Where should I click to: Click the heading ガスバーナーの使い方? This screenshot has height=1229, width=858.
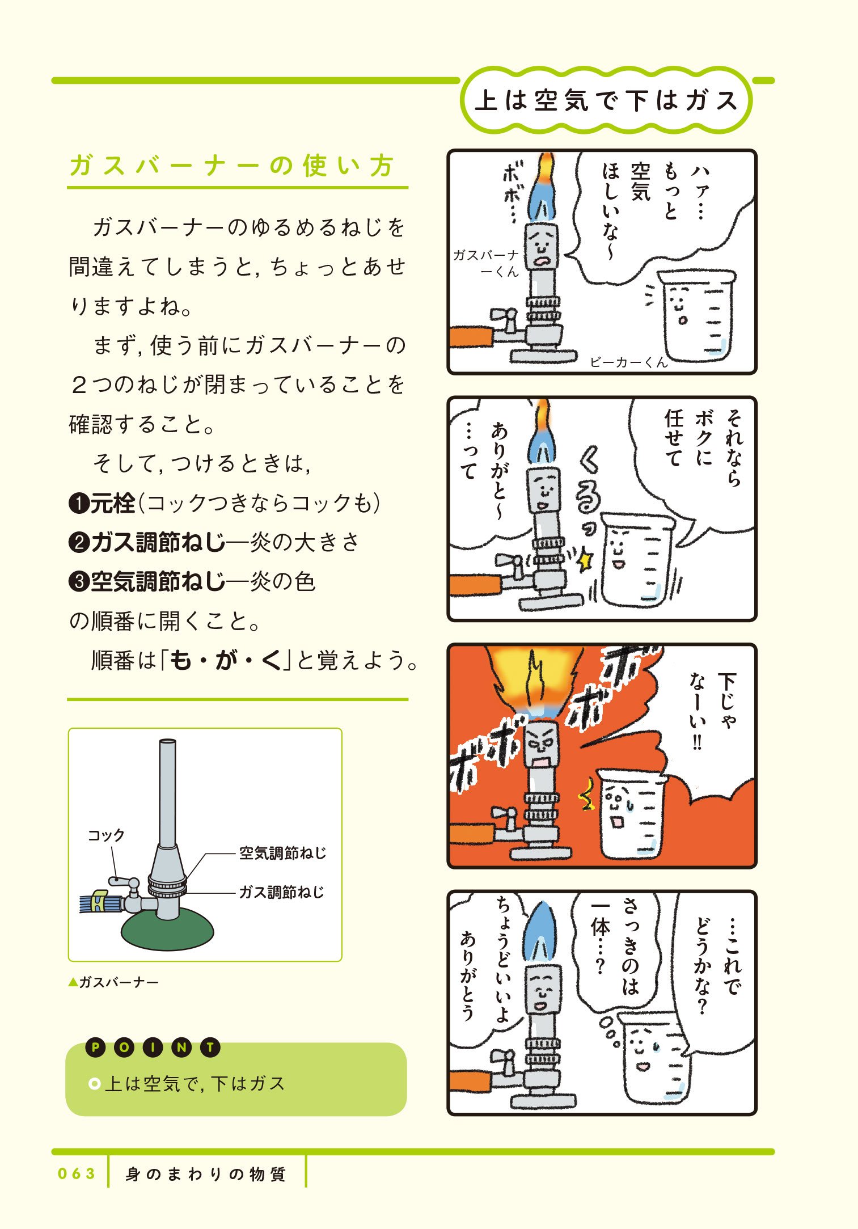click(x=231, y=166)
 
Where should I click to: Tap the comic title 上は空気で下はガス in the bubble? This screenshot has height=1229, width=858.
click(x=606, y=101)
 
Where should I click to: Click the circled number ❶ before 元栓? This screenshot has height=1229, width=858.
click(x=78, y=504)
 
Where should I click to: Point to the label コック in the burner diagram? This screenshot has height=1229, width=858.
click(x=105, y=835)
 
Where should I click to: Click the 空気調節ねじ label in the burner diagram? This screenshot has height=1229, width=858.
click(x=282, y=853)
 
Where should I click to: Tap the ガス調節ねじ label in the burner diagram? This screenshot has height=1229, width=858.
click(x=281, y=892)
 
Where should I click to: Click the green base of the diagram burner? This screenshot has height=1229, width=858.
click(x=168, y=930)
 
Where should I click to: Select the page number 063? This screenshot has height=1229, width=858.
click(x=77, y=1173)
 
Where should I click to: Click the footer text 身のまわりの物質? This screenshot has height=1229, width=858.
click(x=205, y=1174)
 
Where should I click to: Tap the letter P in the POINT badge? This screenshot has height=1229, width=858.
click(x=96, y=1048)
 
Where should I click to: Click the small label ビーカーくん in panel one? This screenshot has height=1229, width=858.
click(x=628, y=362)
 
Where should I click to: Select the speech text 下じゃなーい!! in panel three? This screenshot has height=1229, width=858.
click(x=712, y=712)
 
